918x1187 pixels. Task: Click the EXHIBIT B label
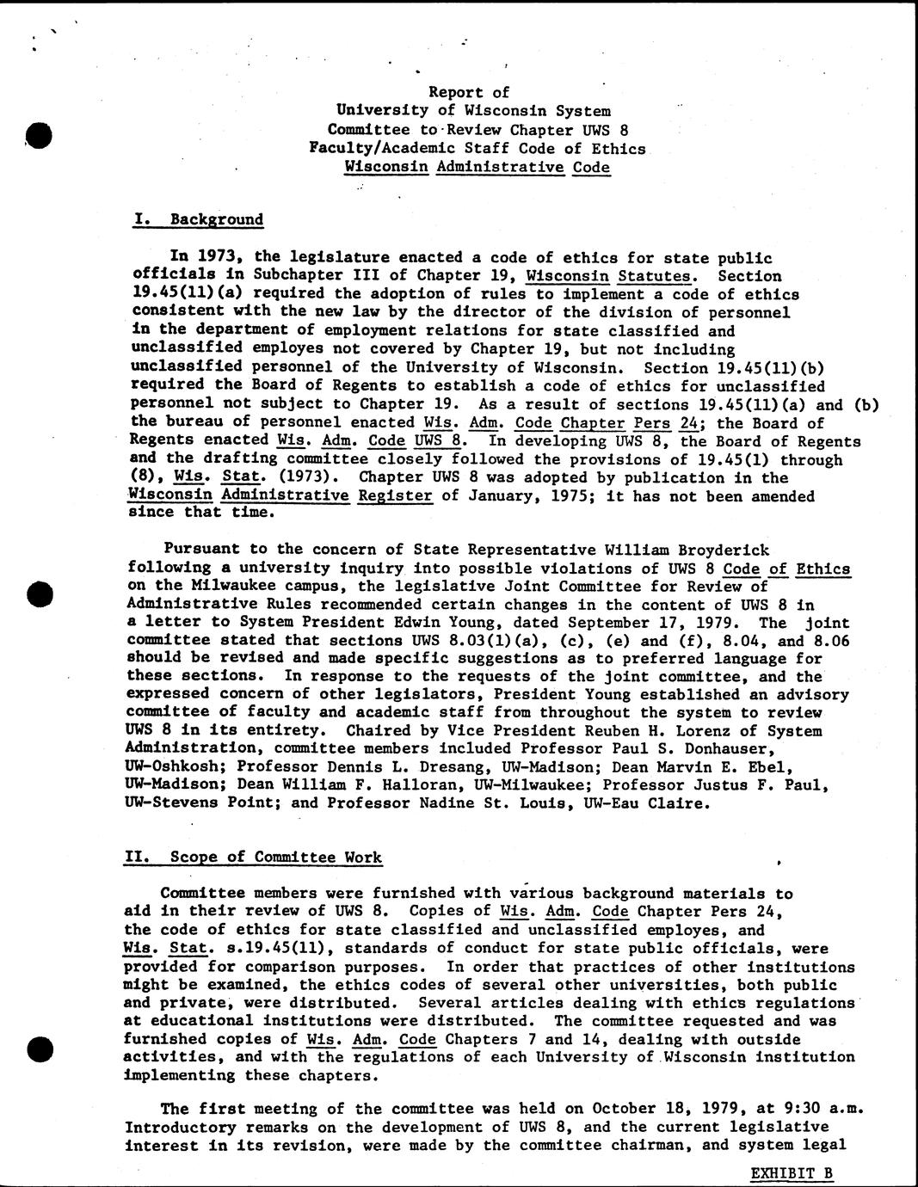pyautogui.click(x=792, y=1172)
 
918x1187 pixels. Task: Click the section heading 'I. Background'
pyautogui.click(x=199, y=219)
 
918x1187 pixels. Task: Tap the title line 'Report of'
pyautogui.click(x=469, y=92)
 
